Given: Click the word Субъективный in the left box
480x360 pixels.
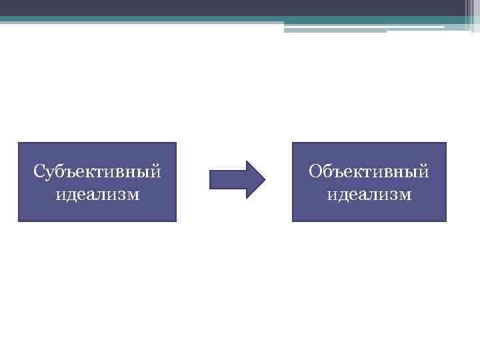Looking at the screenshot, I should pos(97,172).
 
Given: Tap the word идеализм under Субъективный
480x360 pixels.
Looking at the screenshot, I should pos(97,195).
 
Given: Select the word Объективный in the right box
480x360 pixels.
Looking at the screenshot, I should pos(369,172).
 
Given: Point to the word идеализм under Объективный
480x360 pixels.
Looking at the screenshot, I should pos(369,195).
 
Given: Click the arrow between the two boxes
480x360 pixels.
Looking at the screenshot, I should pos(237,179).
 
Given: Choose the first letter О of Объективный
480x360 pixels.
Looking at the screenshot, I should pos(315,172).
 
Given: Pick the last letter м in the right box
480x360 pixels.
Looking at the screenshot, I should pos(405,195).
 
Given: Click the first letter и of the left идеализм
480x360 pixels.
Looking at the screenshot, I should pos(59,195).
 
